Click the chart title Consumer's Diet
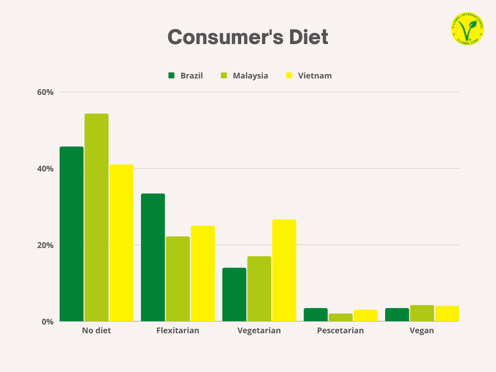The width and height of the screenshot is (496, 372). [x=248, y=37]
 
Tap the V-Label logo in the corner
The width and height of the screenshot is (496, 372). [x=467, y=29]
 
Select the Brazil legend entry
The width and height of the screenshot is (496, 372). [x=186, y=76]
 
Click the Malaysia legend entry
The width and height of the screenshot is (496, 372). [x=244, y=76]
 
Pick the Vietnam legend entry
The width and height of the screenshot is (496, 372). [x=309, y=76]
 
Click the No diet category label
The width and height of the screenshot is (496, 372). [x=96, y=331]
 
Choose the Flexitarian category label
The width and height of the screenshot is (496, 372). [x=178, y=331]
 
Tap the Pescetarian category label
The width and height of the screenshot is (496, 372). [x=341, y=331]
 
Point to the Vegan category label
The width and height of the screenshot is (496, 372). [x=422, y=331]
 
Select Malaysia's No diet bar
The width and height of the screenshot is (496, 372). [x=96, y=217]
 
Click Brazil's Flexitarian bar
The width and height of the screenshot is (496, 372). [x=153, y=257]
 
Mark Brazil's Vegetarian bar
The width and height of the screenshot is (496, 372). [x=234, y=294]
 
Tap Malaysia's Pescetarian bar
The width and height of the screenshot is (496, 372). [x=341, y=317]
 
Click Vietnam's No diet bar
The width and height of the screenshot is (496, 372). [x=121, y=243]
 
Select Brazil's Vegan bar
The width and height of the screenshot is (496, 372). [x=397, y=315]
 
